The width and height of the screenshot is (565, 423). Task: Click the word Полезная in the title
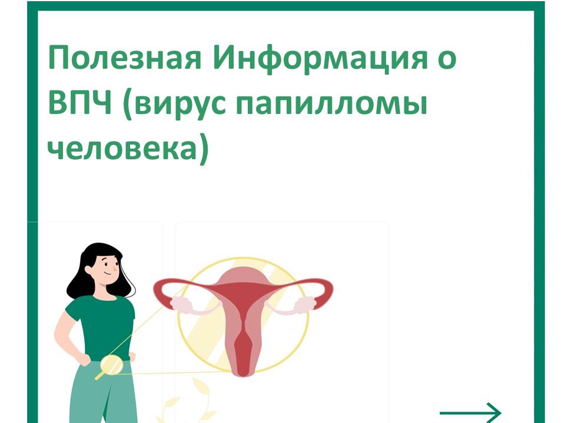pyautogui.click(x=124, y=58)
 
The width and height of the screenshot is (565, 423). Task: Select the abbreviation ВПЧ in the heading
pyautogui.click(x=79, y=103)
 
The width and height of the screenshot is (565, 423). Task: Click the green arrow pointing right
pyautogui.click(x=471, y=412)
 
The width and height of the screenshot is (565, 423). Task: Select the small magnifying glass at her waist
pyautogui.click(x=110, y=365)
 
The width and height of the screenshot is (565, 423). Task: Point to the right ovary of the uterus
pyautogui.click(x=306, y=304)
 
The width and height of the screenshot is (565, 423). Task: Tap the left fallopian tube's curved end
pyautogui.click(x=163, y=293)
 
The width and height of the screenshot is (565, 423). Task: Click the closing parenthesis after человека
pyautogui.click(x=204, y=149)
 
